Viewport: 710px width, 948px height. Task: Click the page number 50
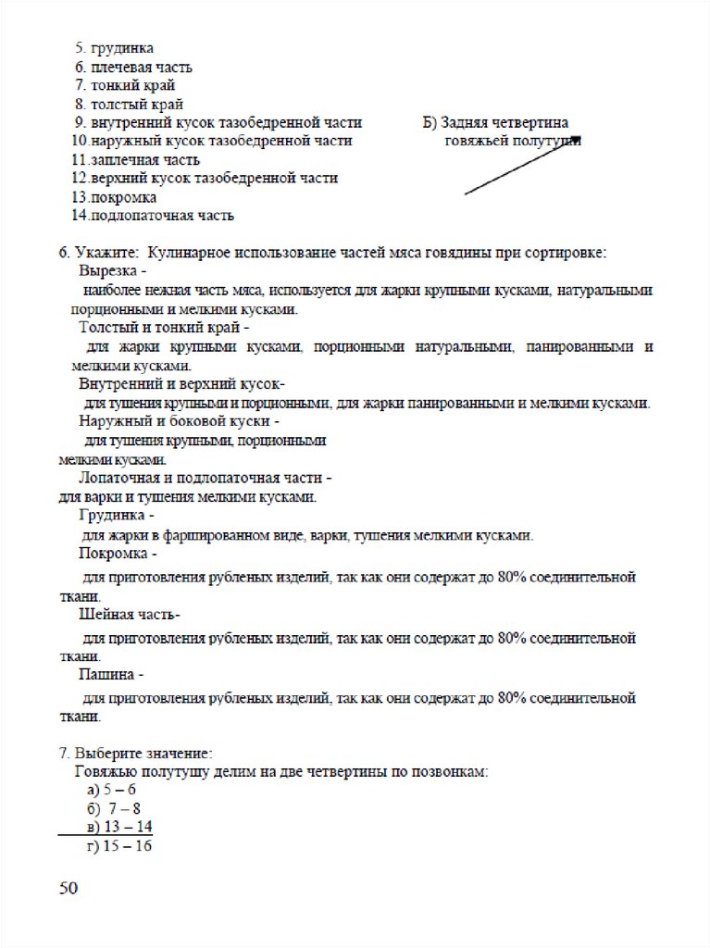(x=69, y=889)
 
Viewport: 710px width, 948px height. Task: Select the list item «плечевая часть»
(x=134, y=67)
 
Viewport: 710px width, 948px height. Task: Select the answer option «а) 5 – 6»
(x=111, y=790)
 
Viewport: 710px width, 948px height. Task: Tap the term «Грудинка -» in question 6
(x=118, y=516)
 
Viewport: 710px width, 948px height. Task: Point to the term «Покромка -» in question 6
(x=118, y=554)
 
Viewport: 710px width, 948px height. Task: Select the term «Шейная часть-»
(x=130, y=615)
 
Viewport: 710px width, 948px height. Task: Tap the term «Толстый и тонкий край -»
(x=164, y=328)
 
